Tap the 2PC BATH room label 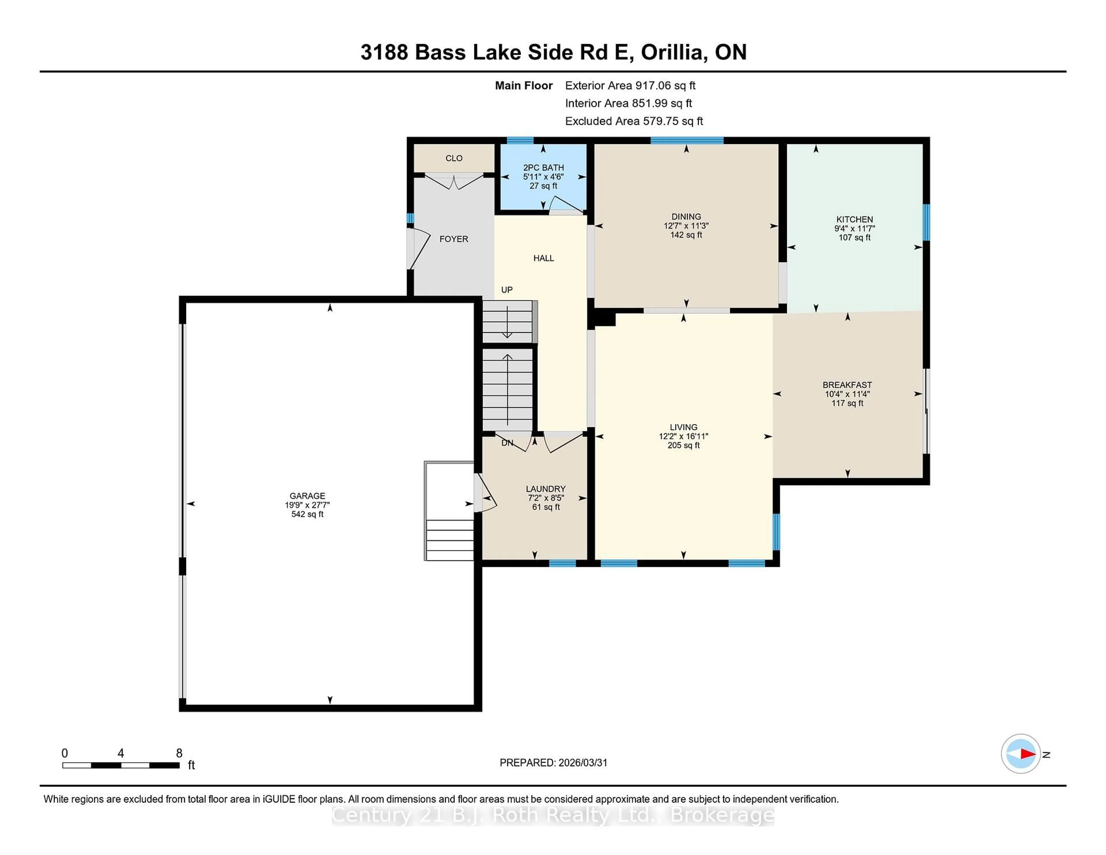543,168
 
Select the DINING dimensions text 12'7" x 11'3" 686,226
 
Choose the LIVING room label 683,427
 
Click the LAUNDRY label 546,489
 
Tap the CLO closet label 454,158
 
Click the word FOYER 453,239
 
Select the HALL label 543,258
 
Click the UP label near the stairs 506,290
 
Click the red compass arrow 1027,754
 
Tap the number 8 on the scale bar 179,753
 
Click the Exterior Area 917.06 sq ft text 630,86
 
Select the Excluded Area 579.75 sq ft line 634,121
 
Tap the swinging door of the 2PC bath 567,205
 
